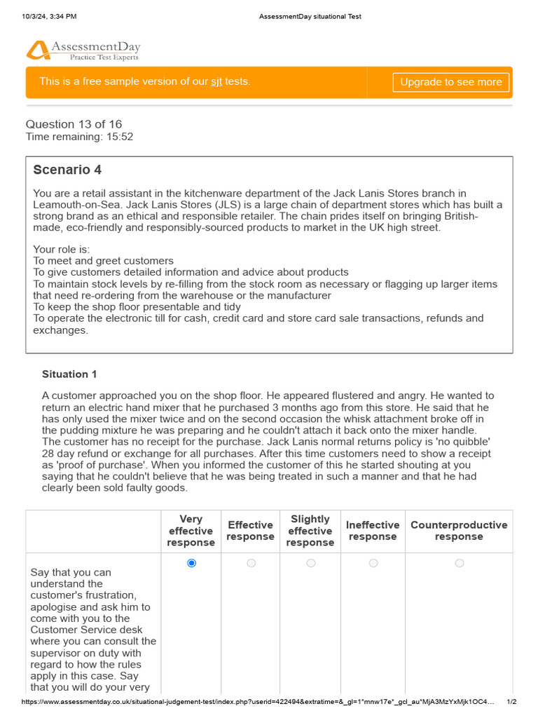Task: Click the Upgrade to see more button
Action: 450,82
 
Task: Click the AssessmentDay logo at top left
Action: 83,50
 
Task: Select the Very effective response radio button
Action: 192,563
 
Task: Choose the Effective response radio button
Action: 251,563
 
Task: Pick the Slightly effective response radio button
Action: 311,563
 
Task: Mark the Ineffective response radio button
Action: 373,563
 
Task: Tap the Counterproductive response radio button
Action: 459,563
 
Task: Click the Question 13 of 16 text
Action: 74,124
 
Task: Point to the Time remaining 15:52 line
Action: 79,137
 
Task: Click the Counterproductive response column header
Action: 459,531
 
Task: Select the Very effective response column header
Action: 191,531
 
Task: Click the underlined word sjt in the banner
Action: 216,82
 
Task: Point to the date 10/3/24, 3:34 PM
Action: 49,16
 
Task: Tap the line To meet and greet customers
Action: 104,261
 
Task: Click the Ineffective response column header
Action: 373,531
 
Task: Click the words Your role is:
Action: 62,249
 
